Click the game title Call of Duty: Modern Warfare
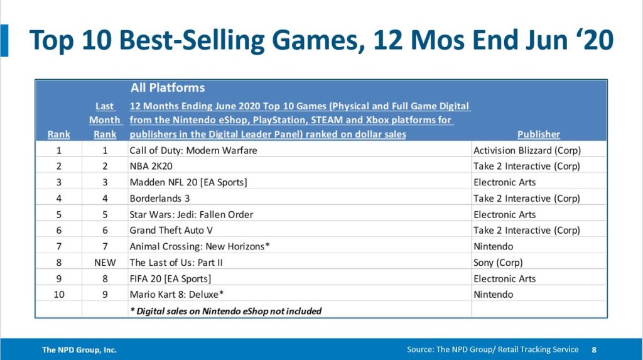click(x=193, y=151)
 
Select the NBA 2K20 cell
click(x=151, y=166)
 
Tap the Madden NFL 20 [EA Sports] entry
click(x=188, y=182)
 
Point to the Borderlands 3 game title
click(x=159, y=199)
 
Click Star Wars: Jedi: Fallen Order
click(x=191, y=215)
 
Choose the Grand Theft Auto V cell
click(x=171, y=231)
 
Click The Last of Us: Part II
click(x=176, y=263)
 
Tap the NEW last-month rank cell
click(x=105, y=263)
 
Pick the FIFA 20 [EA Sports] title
click(x=170, y=279)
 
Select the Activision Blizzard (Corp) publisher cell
click(x=527, y=151)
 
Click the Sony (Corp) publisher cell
click(x=498, y=263)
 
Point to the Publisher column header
click(x=538, y=134)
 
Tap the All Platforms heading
click(x=167, y=88)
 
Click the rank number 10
click(x=58, y=295)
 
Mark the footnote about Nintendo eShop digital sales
click(x=225, y=311)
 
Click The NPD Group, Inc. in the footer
click(x=79, y=350)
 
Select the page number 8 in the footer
click(x=594, y=350)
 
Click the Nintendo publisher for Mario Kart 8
click(x=494, y=295)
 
